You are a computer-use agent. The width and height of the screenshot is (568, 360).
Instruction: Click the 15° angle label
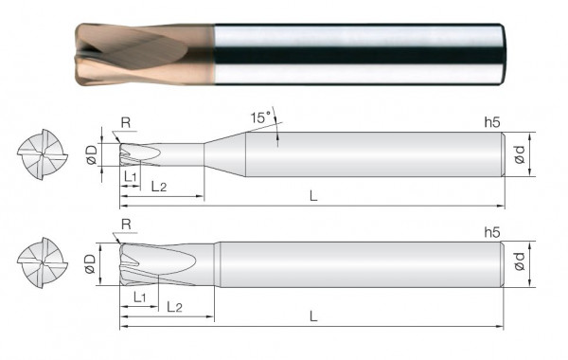pos(260,117)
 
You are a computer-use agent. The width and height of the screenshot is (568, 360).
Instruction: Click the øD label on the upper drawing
pos(91,154)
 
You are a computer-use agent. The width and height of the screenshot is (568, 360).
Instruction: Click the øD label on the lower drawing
pos(91,262)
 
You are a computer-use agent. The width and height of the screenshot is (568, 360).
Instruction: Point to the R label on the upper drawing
pos(127,121)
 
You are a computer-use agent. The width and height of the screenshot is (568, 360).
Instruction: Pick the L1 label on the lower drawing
pos(139,297)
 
